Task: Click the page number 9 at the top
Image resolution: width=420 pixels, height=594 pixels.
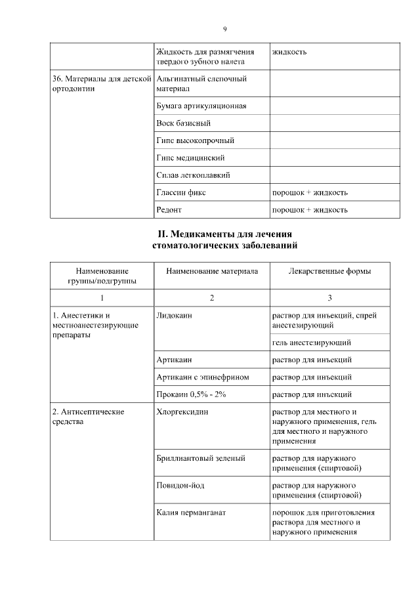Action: [224, 29]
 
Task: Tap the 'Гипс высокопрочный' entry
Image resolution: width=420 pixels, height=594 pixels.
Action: [196, 140]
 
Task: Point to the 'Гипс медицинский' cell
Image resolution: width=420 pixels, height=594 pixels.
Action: [191, 158]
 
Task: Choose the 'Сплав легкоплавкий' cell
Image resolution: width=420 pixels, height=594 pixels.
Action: [193, 175]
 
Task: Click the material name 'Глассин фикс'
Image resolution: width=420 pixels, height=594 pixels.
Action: [181, 193]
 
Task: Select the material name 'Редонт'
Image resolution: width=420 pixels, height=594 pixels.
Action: [169, 210]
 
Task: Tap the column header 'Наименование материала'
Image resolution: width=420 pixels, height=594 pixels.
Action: [212, 271]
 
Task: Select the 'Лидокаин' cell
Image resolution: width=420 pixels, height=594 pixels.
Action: [174, 316]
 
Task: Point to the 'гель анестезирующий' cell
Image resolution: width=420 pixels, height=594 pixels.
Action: [311, 343]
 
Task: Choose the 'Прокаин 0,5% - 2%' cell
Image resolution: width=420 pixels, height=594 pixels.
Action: [191, 394]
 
